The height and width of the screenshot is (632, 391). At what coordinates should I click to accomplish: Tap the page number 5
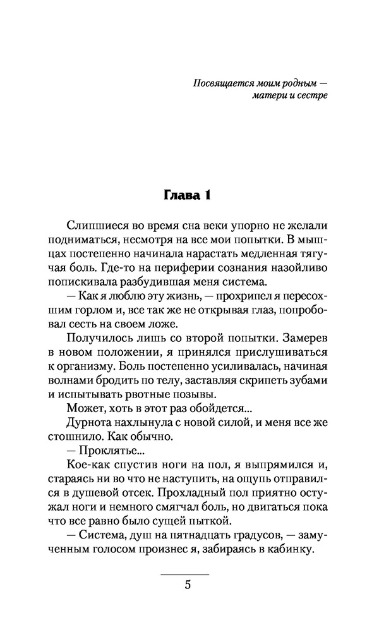187,584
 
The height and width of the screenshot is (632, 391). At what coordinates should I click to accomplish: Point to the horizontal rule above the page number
185,574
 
